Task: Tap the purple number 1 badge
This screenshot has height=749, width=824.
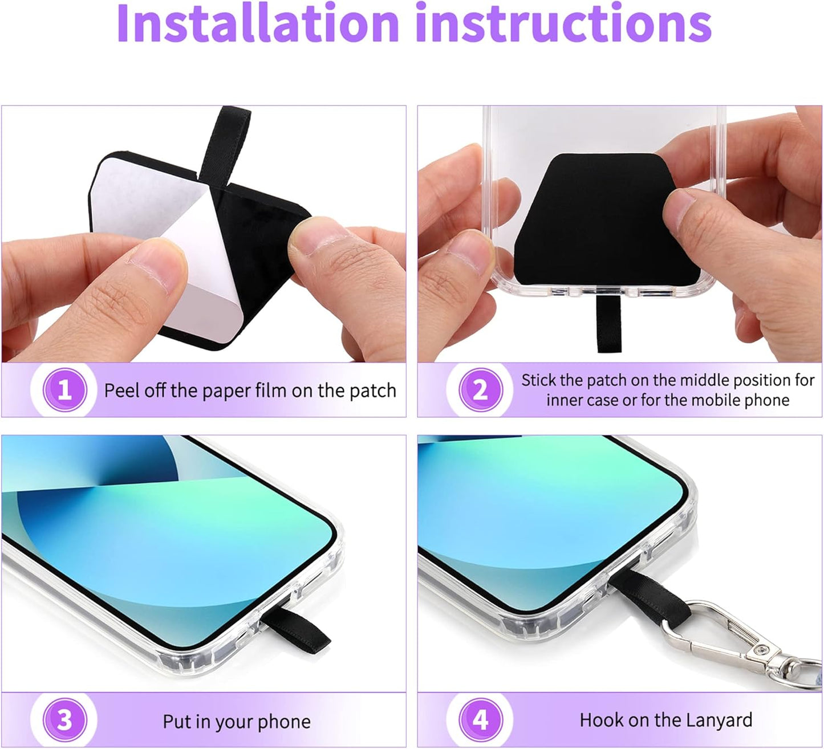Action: [65, 390]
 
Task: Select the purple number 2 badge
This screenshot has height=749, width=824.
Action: [481, 390]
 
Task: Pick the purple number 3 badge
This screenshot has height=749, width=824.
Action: [65, 720]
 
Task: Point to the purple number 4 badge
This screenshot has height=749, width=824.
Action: [481, 720]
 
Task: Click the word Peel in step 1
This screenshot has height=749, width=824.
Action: [121, 390]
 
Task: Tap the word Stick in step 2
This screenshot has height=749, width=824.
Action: [538, 380]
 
